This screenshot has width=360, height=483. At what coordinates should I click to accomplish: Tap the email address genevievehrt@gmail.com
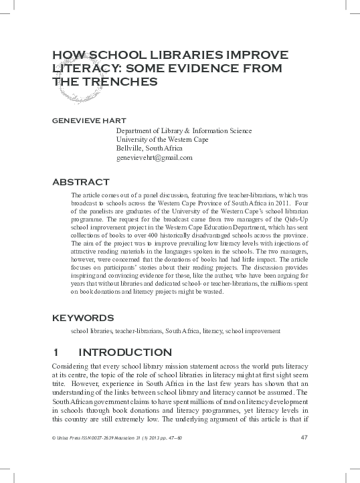tap(154, 158)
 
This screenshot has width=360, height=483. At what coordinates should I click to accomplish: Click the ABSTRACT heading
tap(80, 182)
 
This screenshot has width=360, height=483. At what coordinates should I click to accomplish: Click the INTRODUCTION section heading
tap(125, 353)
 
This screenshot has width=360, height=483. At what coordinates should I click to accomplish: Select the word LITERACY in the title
tap(85, 68)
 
